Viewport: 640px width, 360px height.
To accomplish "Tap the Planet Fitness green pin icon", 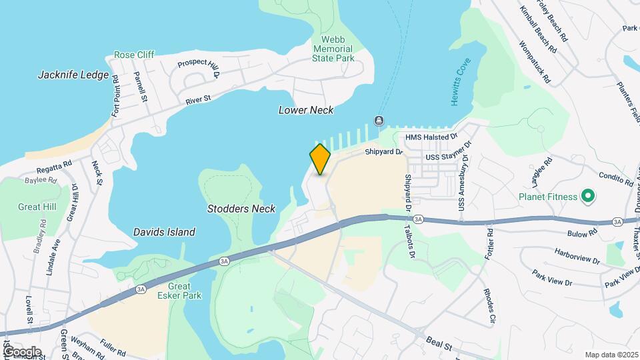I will (587, 196).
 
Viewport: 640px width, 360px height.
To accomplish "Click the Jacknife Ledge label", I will (73, 75).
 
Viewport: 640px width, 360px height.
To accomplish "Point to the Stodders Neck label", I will (241, 209).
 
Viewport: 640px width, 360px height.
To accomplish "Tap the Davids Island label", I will (164, 232).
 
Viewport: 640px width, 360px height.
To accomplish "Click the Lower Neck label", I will (305, 110).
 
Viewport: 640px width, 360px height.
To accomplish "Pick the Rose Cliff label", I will (134, 55).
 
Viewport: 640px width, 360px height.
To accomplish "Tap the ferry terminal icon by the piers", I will (379, 120).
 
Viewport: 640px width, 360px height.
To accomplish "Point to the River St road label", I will (198, 99).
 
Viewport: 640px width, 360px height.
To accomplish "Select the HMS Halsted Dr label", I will (431, 136).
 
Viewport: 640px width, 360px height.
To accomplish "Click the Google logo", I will (21, 351).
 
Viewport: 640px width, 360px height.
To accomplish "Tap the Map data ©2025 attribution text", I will (611, 355).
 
